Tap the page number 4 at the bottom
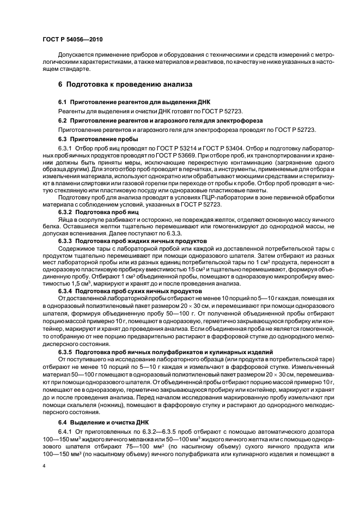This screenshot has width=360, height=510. coord(44,466)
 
